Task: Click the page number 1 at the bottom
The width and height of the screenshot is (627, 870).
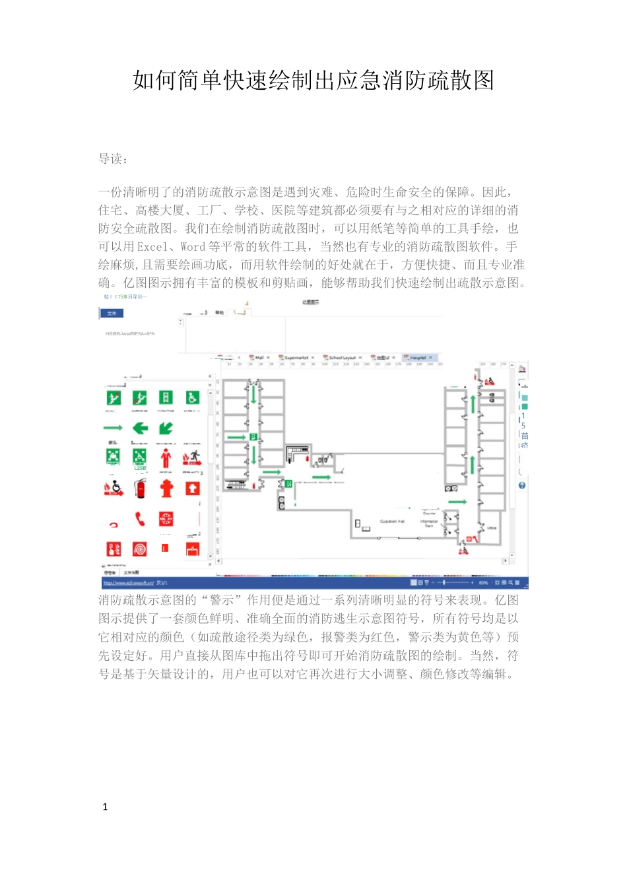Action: (105, 807)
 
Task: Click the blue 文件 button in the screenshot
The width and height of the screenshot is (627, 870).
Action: (112, 313)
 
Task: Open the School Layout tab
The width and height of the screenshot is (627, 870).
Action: (342, 358)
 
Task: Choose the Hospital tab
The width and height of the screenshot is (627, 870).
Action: (418, 358)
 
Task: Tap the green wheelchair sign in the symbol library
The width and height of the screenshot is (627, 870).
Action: (192, 397)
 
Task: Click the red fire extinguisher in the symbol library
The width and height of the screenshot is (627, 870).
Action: (140, 488)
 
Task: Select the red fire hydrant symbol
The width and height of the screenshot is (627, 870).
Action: (166, 488)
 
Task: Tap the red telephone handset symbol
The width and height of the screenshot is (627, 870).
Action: (140, 519)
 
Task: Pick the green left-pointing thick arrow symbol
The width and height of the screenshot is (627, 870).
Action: (140, 428)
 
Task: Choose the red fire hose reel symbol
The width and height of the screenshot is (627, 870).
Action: (140, 549)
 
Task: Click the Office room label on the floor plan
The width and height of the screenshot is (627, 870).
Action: (492, 528)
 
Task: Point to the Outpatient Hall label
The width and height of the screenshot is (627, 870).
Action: (392, 521)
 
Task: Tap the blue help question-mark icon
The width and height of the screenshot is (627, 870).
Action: (522, 486)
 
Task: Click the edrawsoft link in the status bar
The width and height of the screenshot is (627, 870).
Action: (129, 583)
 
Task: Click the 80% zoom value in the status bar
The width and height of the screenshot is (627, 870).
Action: (483, 583)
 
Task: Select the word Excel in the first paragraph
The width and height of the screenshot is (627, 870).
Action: (152, 247)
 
